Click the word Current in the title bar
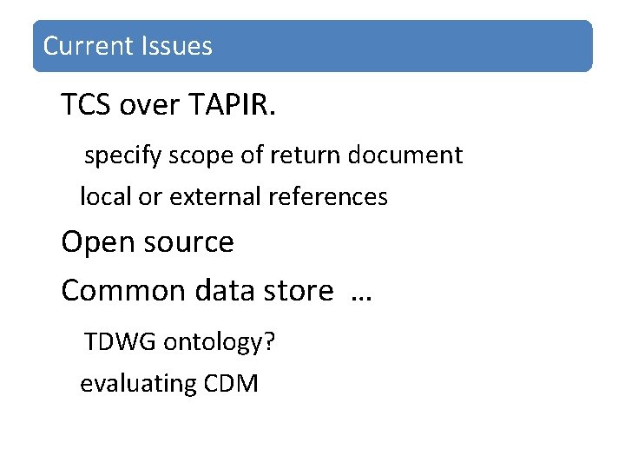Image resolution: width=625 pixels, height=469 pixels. coord(83,46)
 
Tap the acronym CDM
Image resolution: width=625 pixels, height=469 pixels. coord(230,383)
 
